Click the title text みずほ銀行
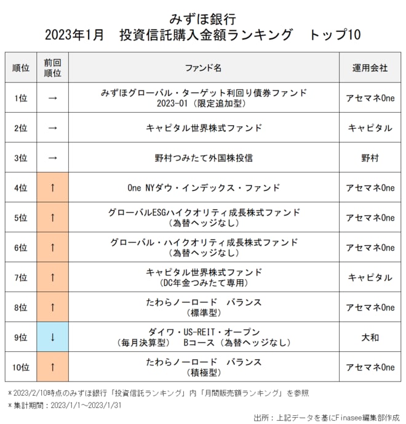(x=202, y=18)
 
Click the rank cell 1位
(x=20, y=98)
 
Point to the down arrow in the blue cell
(x=52, y=337)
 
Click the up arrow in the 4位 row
(x=52, y=187)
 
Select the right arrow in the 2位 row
(x=52, y=128)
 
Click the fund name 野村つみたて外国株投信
(x=204, y=158)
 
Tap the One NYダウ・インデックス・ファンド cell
(x=204, y=187)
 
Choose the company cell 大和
(x=370, y=337)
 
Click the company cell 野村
(x=370, y=158)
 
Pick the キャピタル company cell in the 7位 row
(x=370, y=277)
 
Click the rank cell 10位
(x=20, y=367)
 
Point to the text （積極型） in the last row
(x=204, y=373)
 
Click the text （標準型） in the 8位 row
(x=204, y=313)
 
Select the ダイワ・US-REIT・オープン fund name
(x=204, y=332)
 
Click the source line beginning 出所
(x=326, y=417)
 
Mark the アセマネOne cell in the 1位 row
(x=370, y=98)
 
